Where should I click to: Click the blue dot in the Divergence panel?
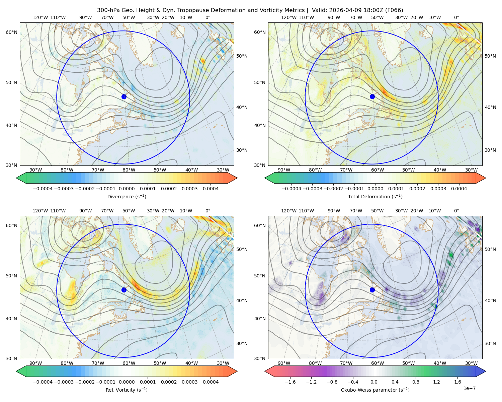[124, 97]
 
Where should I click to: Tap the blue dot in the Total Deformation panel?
[372, 97]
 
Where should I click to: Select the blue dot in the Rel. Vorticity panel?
[124, 290]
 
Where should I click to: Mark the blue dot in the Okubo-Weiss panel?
[372, 290]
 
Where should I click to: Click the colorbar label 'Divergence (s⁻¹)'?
[127, 197]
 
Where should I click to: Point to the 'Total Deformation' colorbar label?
[375, 197]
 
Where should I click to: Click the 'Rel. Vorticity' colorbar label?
[127, 390]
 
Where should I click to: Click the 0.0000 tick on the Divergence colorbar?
[127, 189]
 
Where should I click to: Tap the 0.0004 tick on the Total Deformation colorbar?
[459, 189]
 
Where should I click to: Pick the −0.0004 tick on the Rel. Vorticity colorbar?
[43, 382]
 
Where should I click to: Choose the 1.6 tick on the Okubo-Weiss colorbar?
[458, 382]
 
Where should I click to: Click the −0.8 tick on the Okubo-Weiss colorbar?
[332, 382]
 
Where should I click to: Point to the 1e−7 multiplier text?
[469, 389]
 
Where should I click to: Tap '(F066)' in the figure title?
[394, 10]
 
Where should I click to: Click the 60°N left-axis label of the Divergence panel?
[11, 32]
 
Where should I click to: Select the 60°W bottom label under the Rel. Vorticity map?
[129, 363]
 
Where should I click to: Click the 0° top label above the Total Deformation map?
[456, 17]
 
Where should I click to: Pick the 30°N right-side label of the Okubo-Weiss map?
[490, 343]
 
